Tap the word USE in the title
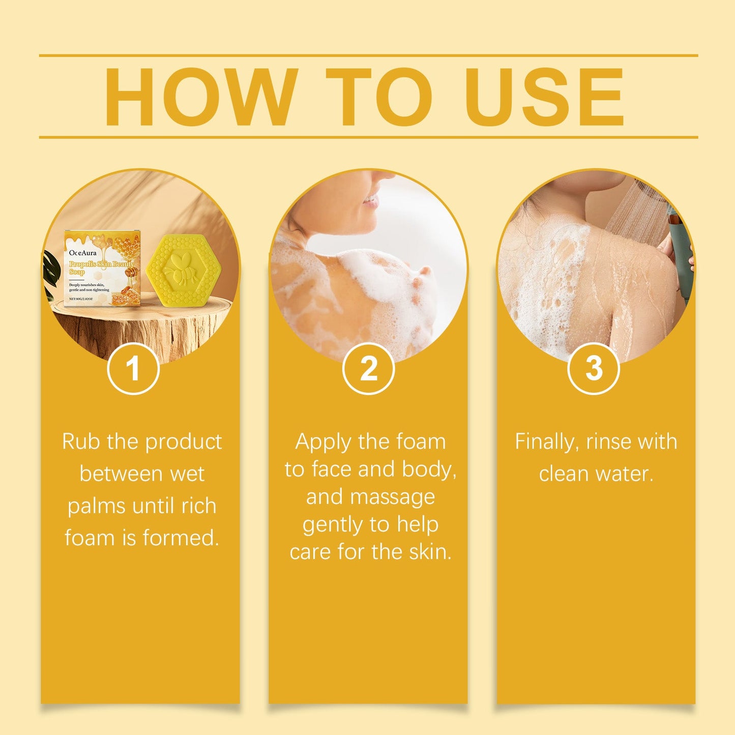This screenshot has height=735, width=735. tap(544, 97)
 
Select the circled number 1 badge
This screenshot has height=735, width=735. tap(133, 368)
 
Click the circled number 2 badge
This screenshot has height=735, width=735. tap(369, 368)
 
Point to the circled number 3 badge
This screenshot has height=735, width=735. tap(594, 368)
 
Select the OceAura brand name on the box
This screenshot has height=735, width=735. tap(82, 252)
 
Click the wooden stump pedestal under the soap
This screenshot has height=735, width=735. tap(142, 326)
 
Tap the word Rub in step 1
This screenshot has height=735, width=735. tap(81, 442)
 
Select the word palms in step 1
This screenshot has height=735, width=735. tap(96, 507)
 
